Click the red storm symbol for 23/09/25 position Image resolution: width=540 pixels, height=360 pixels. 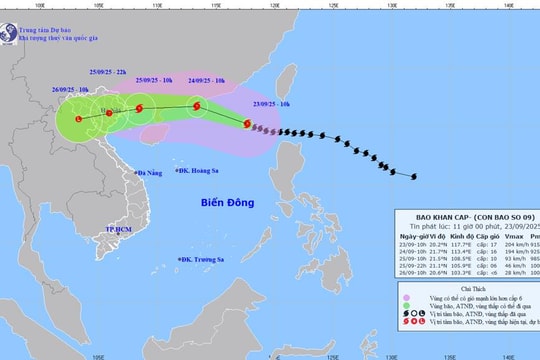[x=247, y=125]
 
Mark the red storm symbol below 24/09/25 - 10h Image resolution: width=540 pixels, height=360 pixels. [x=197, y=103]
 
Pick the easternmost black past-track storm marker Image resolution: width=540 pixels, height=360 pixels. [x=416, y=179]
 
